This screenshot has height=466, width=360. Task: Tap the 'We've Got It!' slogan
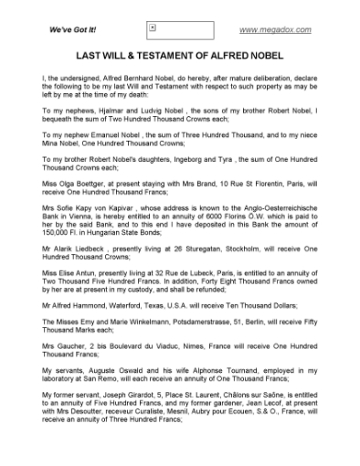[73, 31]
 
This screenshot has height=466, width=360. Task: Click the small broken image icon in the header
[153, 29]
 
